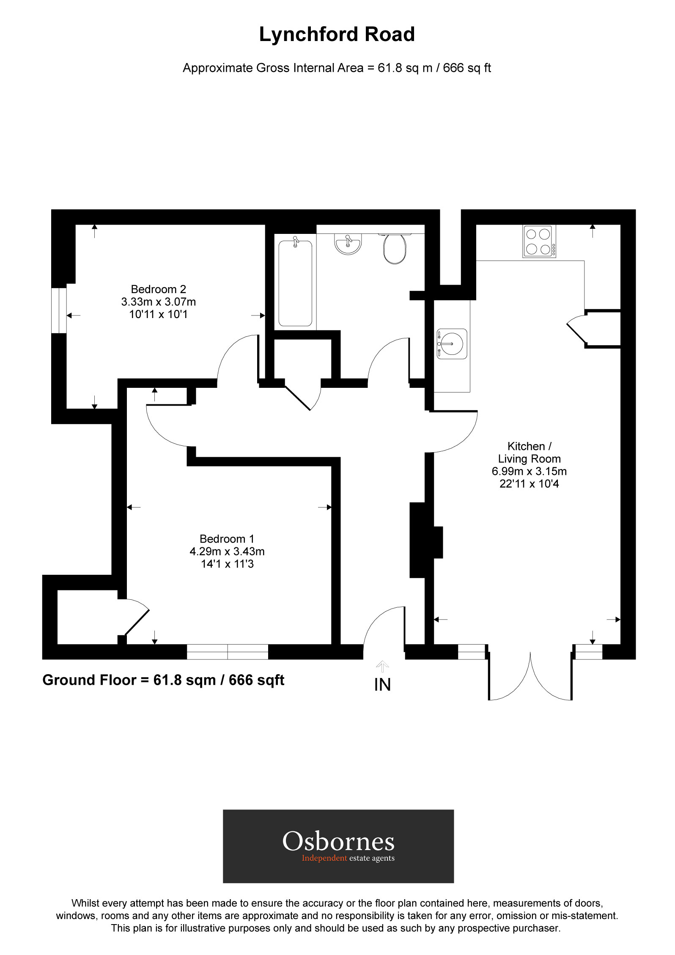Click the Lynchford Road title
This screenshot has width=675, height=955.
[x=337, y=35]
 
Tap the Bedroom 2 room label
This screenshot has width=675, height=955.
[x=158, y=289]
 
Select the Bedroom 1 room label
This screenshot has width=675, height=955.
[x=227, y=539]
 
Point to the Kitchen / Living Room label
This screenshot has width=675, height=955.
[x=529, y=453]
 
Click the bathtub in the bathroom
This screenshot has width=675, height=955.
[x=295, y=283]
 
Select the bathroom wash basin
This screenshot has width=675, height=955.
[x=348, y=244]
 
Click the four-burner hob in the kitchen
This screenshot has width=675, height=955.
[x=539, y=241]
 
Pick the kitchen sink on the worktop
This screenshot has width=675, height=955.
[x=452, y=344]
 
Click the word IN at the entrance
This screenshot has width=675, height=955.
[x=382, y=685]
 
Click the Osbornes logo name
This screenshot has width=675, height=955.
[x=338, y=842]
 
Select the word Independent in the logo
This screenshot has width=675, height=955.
[x=324, y=858]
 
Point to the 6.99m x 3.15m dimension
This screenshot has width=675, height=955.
[x=529, y=471]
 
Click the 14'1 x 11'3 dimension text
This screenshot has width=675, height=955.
[x=227, y=564]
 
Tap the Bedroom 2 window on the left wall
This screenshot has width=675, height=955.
[x=59, y=310]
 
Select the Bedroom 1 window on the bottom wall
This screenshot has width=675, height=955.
[x=228, y=652]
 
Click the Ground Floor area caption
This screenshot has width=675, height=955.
[x=163, y=680]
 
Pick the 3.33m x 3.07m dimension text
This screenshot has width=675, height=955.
[x=158, y=302]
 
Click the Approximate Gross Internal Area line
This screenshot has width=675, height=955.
[x=337, y=68]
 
